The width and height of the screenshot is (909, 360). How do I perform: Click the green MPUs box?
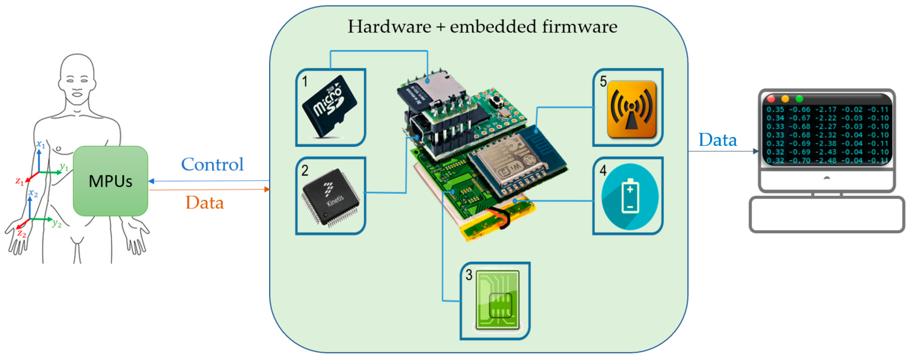[111, 181]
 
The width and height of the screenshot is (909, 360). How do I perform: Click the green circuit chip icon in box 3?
[497, 300]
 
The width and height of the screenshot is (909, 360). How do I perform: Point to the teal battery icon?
[630, 197]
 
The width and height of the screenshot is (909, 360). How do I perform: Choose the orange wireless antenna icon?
[631, 109]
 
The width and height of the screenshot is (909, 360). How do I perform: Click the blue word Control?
[212, 164]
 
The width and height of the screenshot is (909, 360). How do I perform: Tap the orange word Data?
[205, 203]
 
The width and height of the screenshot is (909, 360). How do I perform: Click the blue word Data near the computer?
[718, 140]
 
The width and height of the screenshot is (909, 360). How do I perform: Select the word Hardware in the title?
[389, 27]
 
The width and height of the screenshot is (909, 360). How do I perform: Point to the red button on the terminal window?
[771, 99]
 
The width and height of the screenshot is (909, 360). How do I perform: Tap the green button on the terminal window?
[799, 99]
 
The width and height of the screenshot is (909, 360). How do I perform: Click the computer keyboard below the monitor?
[826, 215]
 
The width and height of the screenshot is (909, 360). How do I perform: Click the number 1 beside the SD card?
[305, 81]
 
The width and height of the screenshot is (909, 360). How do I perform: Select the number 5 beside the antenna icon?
[603, 81]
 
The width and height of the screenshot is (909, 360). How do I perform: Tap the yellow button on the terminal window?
[785, 99]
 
